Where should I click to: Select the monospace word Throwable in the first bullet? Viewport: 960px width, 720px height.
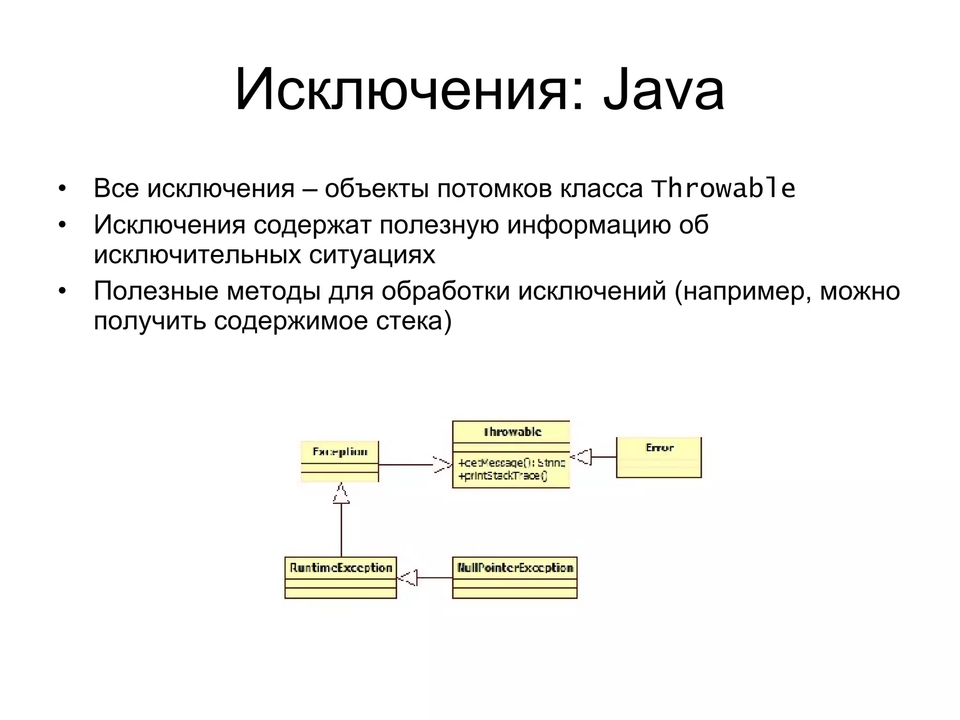click(x=723, y=188)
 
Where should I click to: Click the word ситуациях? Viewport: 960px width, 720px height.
click(x=372, y=255)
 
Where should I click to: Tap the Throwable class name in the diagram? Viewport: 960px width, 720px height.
click(x=512, y=432)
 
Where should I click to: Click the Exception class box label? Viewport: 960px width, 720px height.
click(x=340, y=452)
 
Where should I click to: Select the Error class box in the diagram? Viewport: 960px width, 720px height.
click(x=659, y=457)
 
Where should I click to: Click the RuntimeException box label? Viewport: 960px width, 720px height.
click(x=341, y=568)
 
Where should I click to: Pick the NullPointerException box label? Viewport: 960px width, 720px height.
click(x=515, y=568)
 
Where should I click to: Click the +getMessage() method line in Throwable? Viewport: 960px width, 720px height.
click(x=512, y=463)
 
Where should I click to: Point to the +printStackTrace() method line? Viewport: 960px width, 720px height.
click(x=503, y=476)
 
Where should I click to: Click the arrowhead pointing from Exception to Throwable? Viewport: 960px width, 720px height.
click(x=442, y=465)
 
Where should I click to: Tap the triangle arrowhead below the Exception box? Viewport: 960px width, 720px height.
click(x=341, y=494)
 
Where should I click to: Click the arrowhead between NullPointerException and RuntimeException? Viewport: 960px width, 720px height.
click(x=407, y=577)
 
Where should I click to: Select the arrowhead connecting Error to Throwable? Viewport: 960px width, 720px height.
click(x=582, y=457)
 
